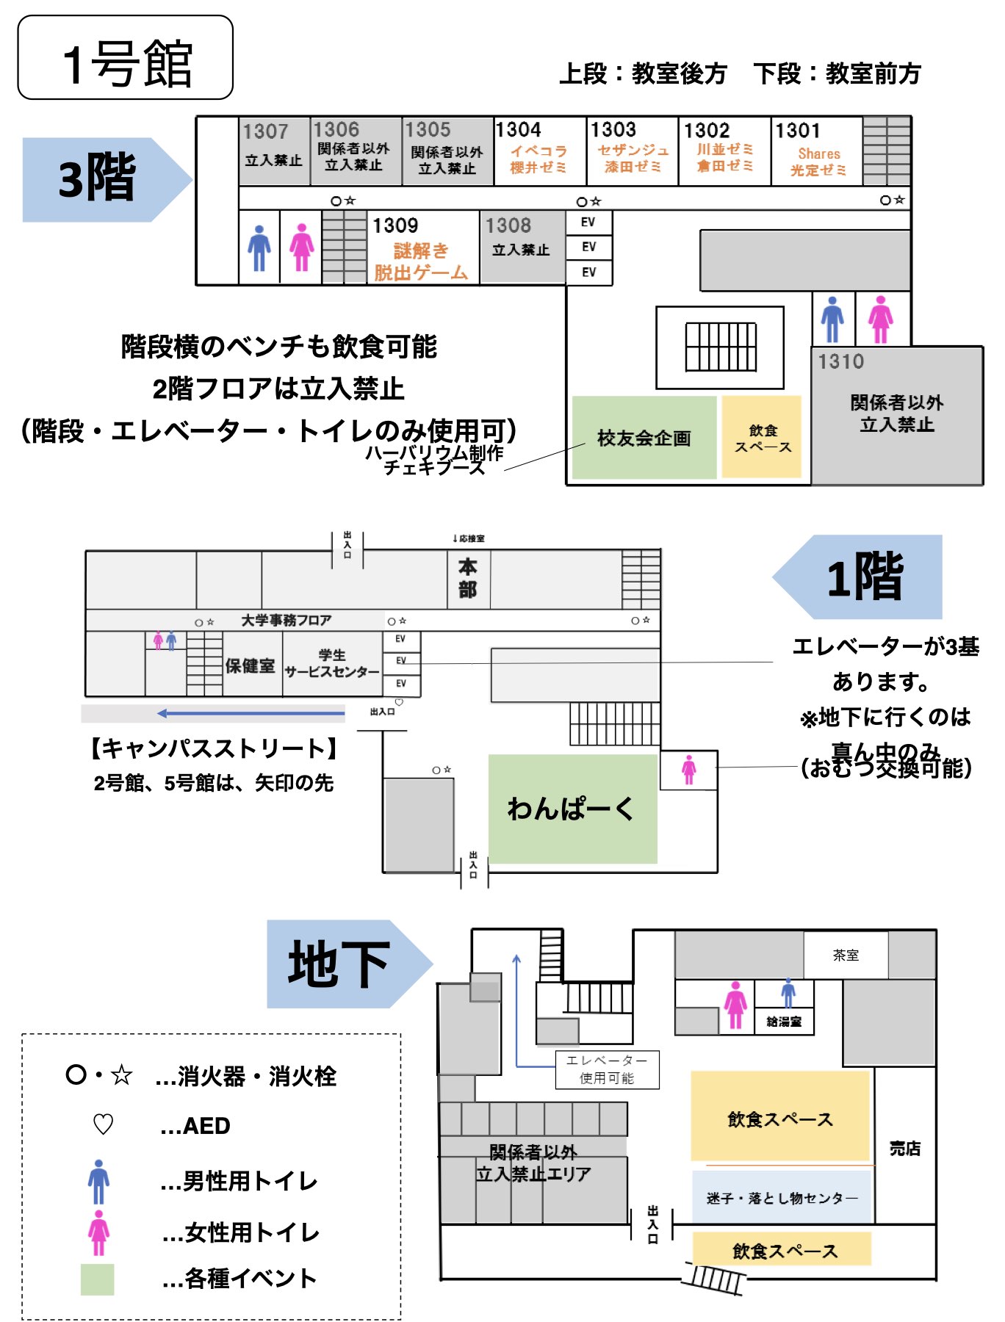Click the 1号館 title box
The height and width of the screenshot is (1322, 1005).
click(125, 57)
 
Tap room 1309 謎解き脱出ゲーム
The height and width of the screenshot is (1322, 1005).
click(421, 250)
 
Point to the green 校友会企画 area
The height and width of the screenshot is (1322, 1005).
click(644, 438)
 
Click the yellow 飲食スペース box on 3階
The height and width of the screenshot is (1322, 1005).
click(762, 438)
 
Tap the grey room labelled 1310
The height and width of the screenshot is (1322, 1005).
click(897, 414)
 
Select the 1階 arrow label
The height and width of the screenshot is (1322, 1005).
click(863, 577)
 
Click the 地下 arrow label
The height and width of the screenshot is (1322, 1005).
click(342, 964)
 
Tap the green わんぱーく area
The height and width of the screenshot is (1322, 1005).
click(572, 808)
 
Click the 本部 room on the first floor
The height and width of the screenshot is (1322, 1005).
click(468, 579)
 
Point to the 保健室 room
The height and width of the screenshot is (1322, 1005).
click(251, 665)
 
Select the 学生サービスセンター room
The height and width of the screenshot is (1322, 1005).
click(332, 664)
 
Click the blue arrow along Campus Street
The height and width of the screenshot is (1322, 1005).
click(250, 712)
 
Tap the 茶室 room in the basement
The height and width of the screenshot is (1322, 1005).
click(846, 955)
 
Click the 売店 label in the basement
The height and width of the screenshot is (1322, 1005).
click(904, 1148)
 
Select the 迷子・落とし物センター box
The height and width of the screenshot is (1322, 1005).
click(781, 1198)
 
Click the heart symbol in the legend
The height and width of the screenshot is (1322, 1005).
click(103, 1124)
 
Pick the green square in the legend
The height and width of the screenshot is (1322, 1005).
click(97, 1279)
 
